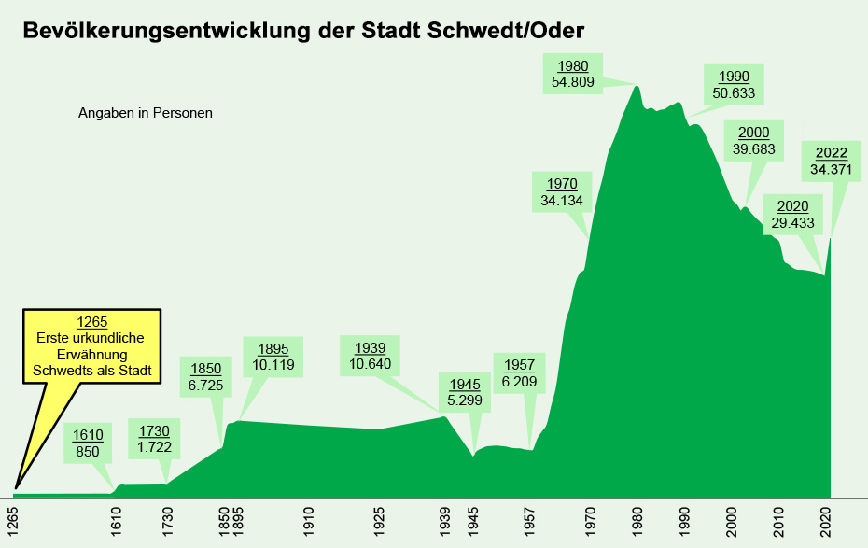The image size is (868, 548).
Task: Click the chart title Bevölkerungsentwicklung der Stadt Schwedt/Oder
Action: (303, 31)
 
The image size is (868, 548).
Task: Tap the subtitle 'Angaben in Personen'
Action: (146, 114)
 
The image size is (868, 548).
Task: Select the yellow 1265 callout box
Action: (92, 345)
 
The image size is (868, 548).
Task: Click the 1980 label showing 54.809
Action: (572, 74)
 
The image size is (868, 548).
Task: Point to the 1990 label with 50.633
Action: (733, 85)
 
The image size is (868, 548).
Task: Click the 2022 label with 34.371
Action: (832, 162)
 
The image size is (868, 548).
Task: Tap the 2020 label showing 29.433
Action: (793, 215)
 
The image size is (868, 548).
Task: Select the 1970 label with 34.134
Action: (562, 191)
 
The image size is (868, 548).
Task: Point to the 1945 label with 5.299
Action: (465, 393)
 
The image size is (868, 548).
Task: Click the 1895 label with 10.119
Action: (273, 358)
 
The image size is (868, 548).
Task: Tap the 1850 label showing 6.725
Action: (205, 376)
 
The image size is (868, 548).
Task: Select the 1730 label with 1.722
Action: (154, 440)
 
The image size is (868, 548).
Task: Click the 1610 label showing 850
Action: (89, 444)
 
